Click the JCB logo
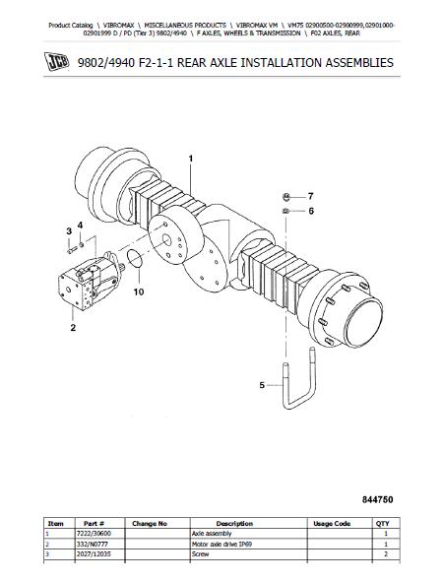coord(56,61)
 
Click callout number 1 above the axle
coord(191,159)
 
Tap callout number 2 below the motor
coord(73,328)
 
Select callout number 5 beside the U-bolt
coord(262,385)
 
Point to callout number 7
coord(311,196)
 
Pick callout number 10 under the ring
coord(139,292)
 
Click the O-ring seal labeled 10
coord(134,258)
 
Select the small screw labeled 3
coord(72,250)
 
